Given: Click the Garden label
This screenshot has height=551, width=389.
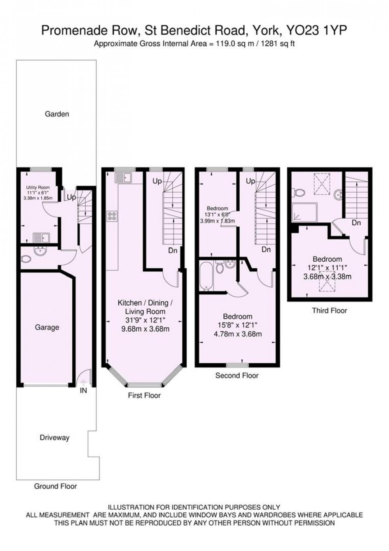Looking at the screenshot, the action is (57, 114).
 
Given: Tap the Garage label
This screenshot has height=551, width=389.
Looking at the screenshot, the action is (47, 327).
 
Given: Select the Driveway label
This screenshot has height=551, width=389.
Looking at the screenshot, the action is (54, 438).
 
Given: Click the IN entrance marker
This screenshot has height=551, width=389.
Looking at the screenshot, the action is (84, 390).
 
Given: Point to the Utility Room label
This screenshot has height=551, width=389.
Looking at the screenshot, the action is (38, 187).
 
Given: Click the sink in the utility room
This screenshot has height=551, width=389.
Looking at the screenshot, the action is (41, 238).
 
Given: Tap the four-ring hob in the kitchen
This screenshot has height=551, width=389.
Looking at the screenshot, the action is (112, 217).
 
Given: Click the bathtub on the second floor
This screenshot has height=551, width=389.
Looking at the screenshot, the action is (206, 276).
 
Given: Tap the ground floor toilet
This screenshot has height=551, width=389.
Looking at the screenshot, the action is (25, 259).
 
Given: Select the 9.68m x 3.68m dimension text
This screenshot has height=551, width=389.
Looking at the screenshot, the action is (145, 329).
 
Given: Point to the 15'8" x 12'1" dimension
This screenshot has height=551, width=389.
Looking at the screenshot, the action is (237, 325).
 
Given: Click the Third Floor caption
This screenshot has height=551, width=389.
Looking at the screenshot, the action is (329, 310).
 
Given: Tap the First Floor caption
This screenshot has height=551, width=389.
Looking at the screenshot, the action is (144, 395).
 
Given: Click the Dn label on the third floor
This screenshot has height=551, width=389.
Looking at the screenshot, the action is (356, 223).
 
